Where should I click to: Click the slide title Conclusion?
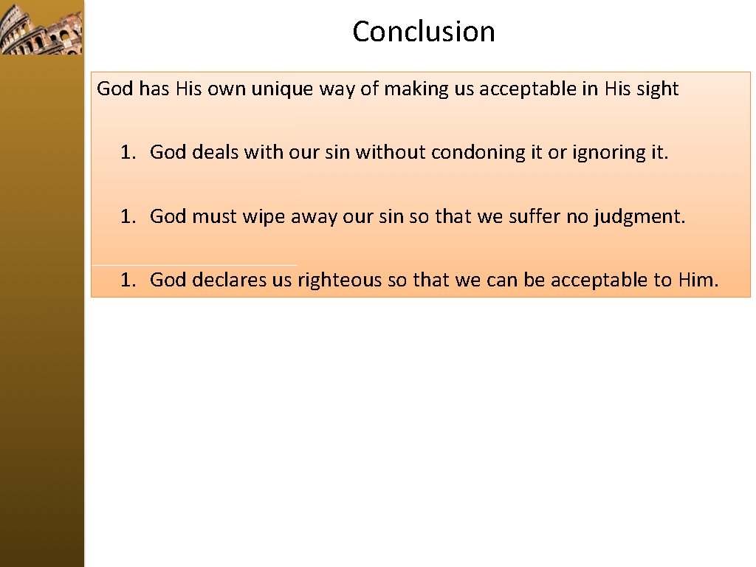(x=423, y=32)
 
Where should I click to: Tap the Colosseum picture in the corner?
(x=41, y=27)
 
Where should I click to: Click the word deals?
(x=215, y=152)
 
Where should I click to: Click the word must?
(x=214, y=216)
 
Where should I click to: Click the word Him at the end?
(x=698, y=280)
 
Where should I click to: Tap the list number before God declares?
(x=128, y=280)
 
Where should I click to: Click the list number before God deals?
(x=128, y=152)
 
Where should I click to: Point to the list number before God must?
(x=128, y=216)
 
